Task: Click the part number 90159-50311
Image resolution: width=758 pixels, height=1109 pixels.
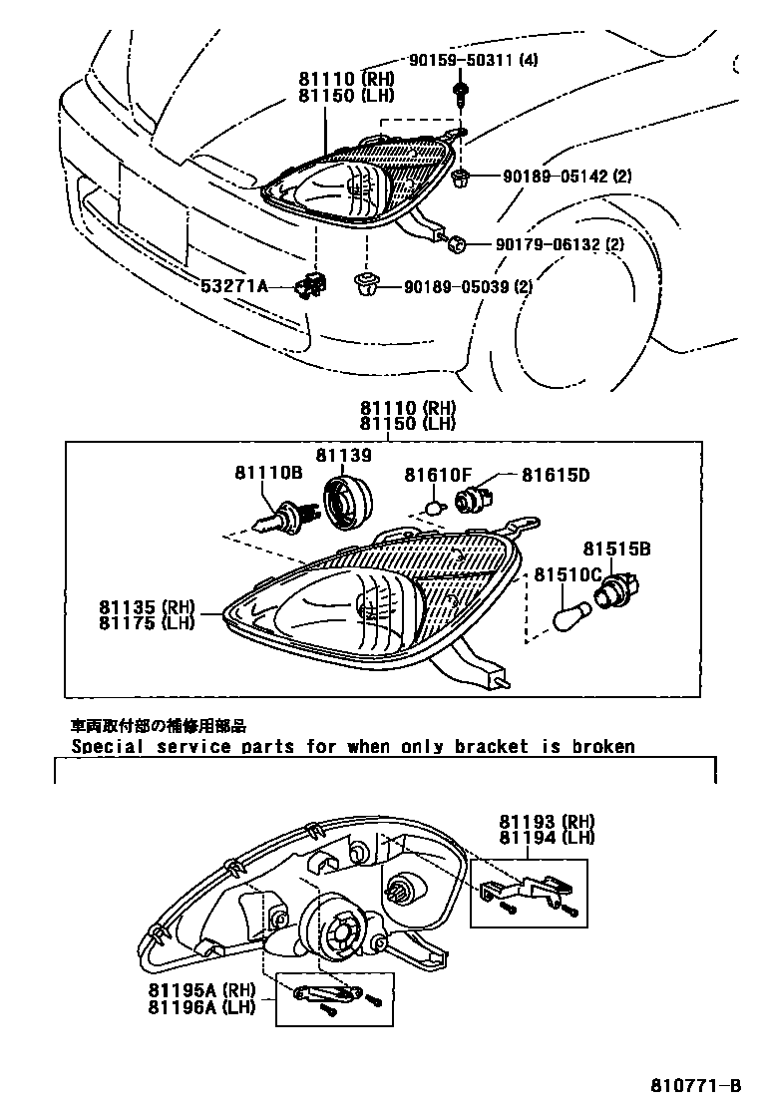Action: (x=463, y=60)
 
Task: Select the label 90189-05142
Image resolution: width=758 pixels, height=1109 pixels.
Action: (x=552, y=177)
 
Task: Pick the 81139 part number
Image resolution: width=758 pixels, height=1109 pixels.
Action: (x=344, y=455)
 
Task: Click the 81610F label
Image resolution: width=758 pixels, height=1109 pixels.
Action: (x=437, y=475)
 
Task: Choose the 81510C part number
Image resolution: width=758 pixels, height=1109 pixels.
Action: (x=568, y=574)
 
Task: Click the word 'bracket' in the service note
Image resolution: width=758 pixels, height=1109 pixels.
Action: (x=491, y=746)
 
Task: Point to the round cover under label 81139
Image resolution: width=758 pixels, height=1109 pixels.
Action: (x=348, y=502)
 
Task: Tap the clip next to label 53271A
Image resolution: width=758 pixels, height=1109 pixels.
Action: (x=310, y=287)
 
